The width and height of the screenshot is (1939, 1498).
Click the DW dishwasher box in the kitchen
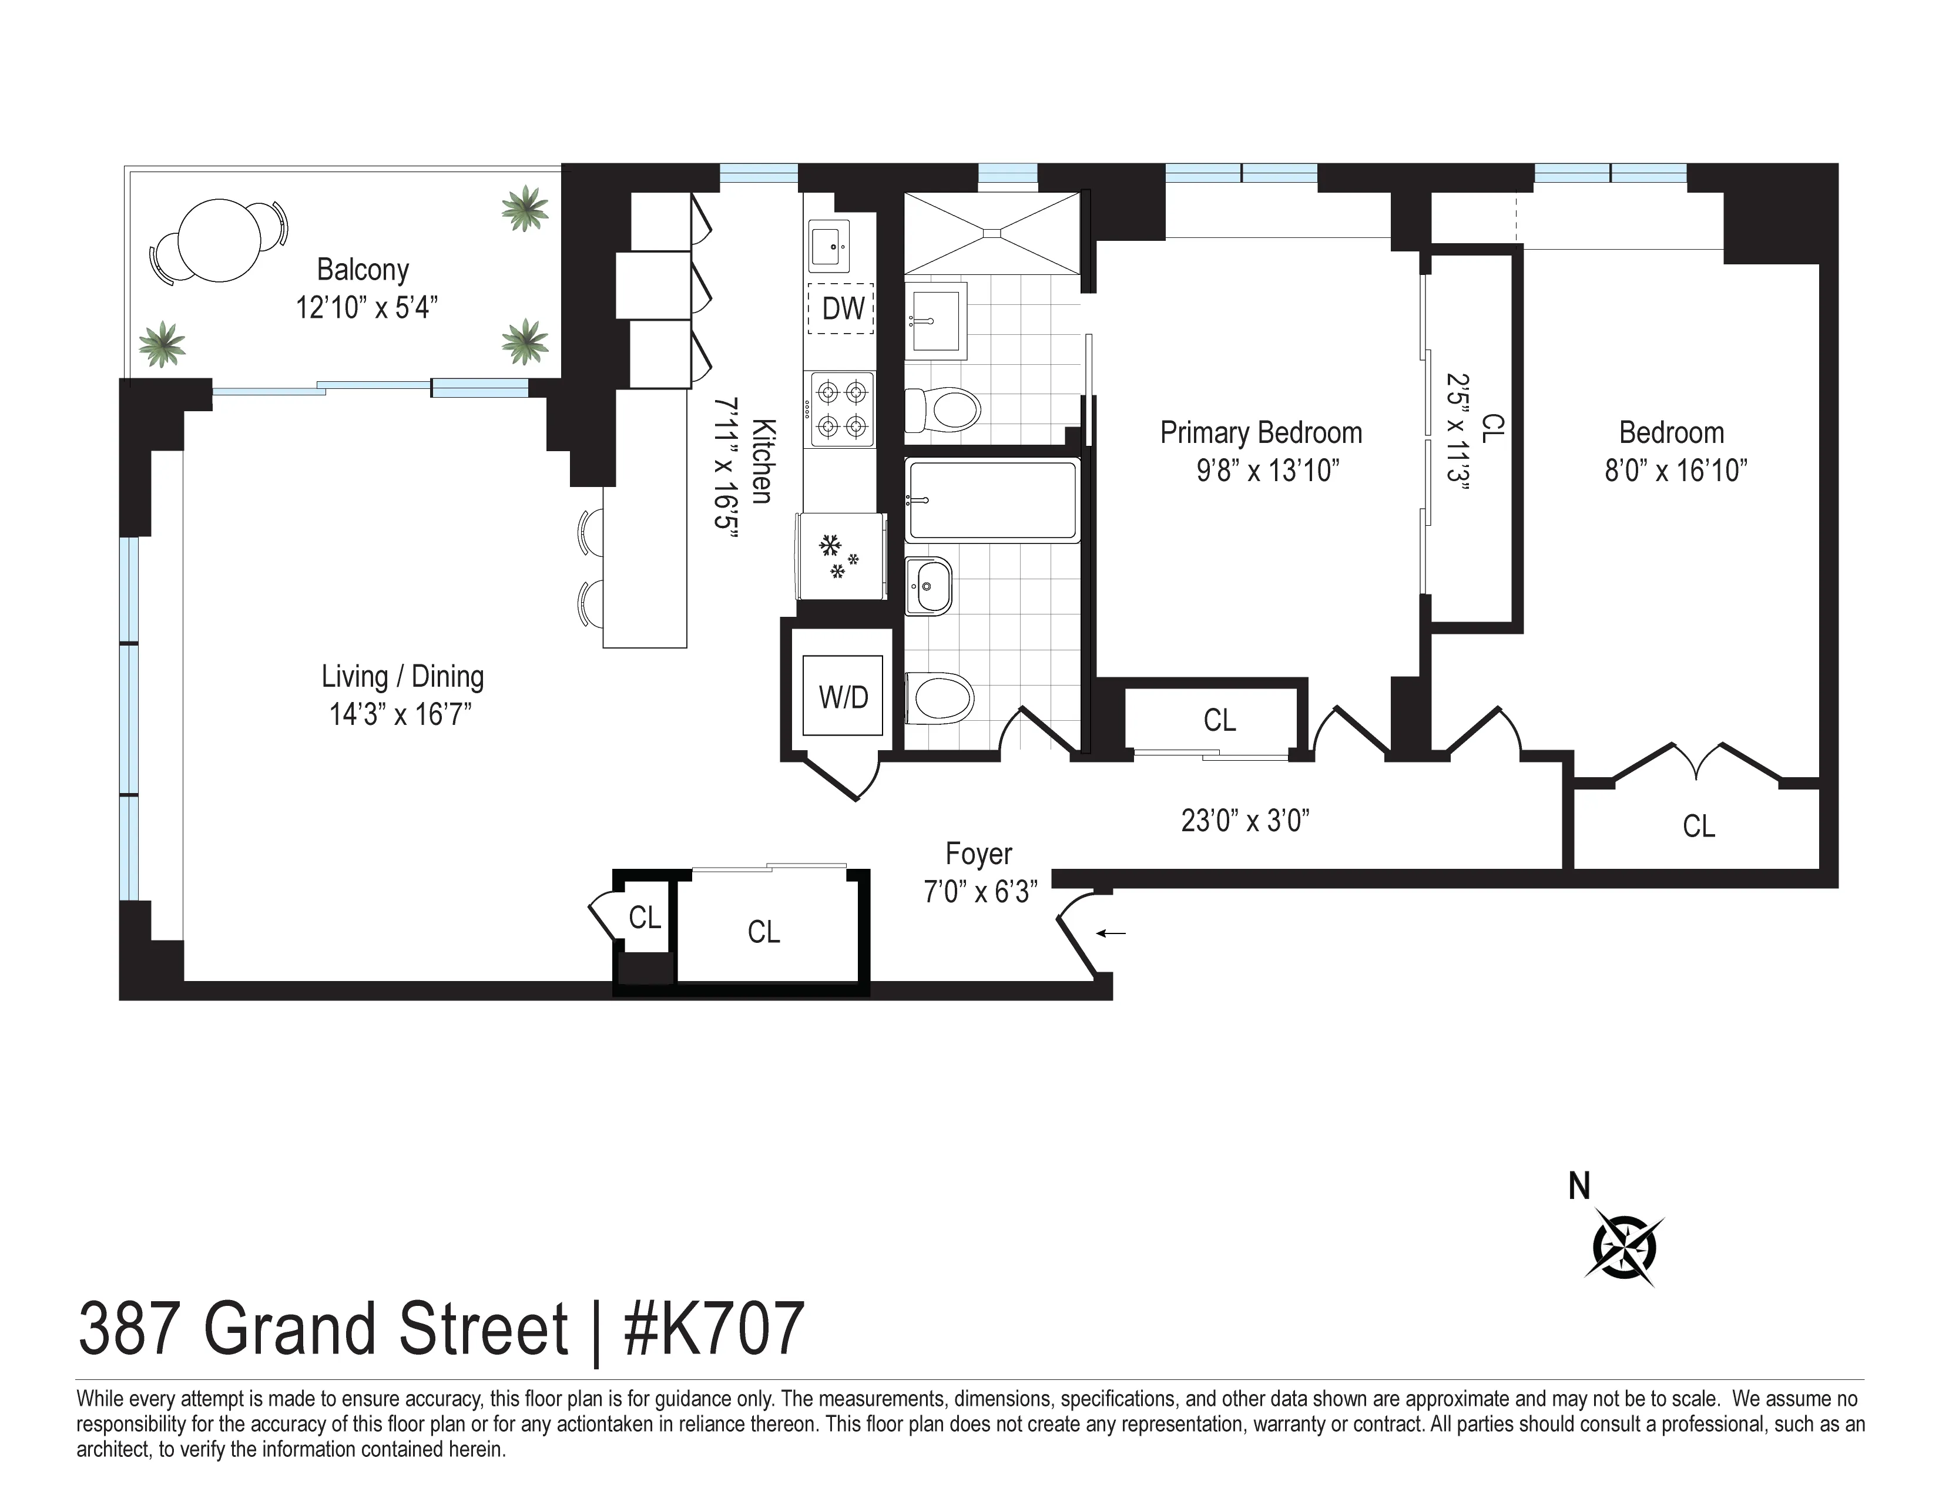(x=841, y=308)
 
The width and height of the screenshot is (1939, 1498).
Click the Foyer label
(x=978, y=854)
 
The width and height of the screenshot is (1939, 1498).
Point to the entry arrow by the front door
(x=1112, y=933)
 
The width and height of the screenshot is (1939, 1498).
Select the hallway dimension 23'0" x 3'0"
(x=1244, y=821)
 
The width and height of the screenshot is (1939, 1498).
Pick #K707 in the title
(x=714, y=1328)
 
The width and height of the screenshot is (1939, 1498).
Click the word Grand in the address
(x=297, y=1328)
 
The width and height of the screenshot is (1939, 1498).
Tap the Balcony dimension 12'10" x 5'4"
(x=367, y=308)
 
